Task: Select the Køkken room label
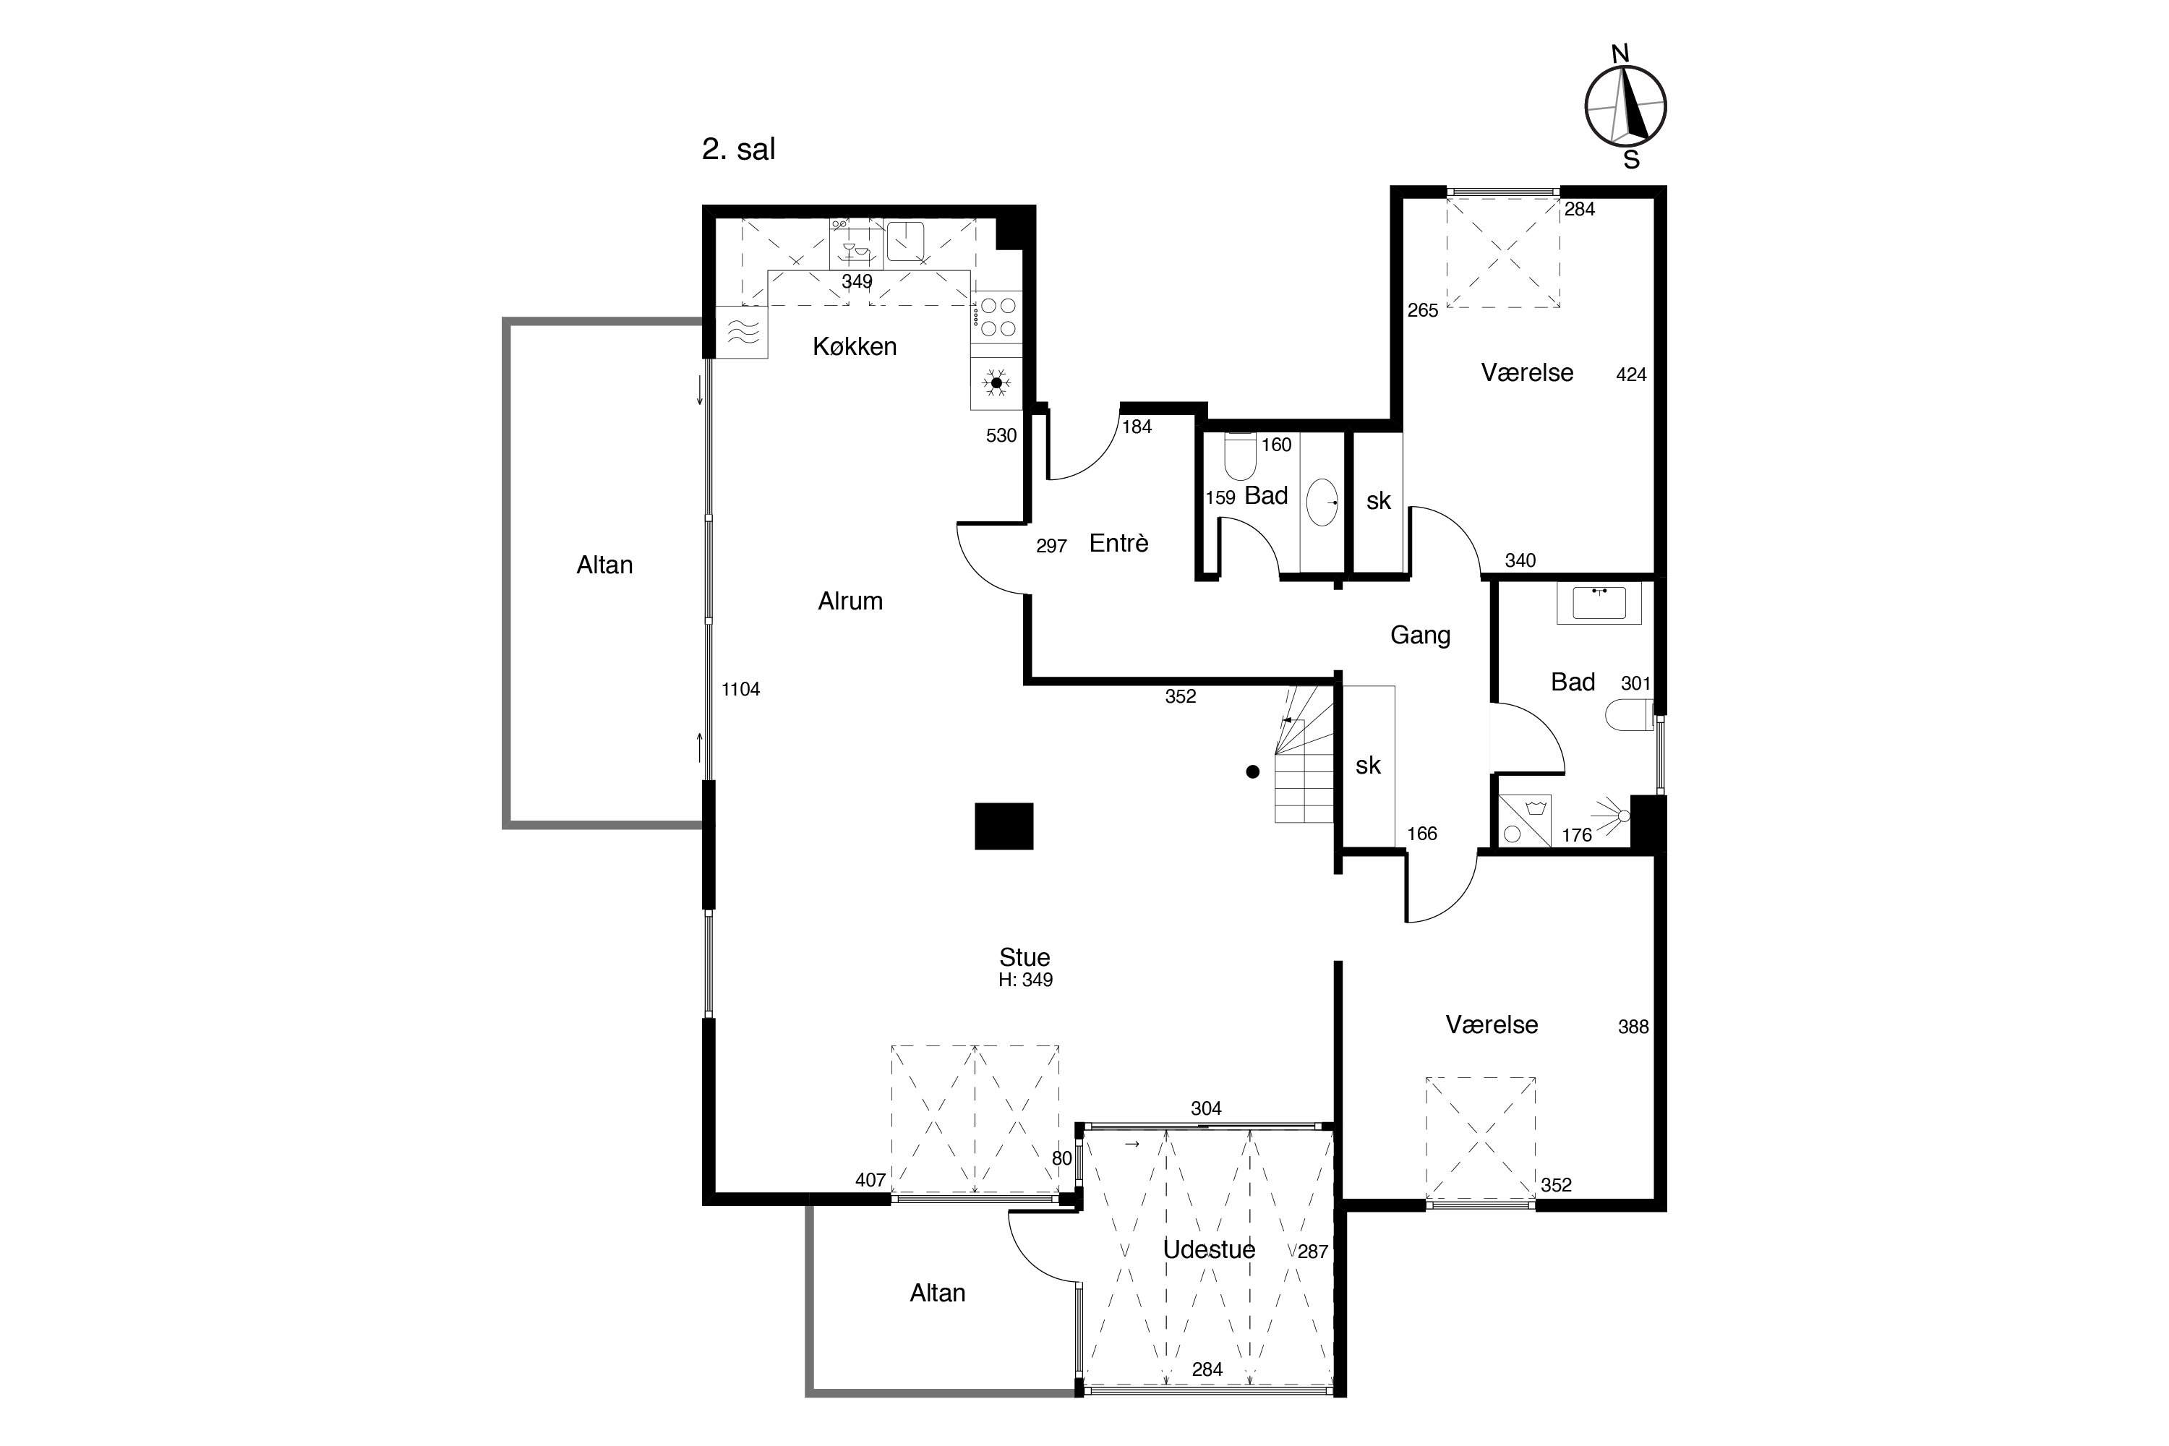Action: point(854,347)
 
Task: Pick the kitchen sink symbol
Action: point(906,241)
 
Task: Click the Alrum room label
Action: point(850,602)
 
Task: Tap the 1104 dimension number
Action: point(740,689)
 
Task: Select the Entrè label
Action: point(1118,543)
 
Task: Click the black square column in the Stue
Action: point(1004,826)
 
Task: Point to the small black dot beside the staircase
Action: point(1252,772)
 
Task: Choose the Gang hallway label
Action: point(1420,636)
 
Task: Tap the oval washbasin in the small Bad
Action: point(1322,502)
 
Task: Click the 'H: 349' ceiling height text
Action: point(1025,980)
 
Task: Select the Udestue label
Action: point(1209,1249)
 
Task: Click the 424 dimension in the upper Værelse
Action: point(1631,375)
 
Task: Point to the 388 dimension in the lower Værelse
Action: point(1633,1027)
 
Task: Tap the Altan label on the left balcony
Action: point(605,565)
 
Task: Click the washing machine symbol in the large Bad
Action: point(1524,820)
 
